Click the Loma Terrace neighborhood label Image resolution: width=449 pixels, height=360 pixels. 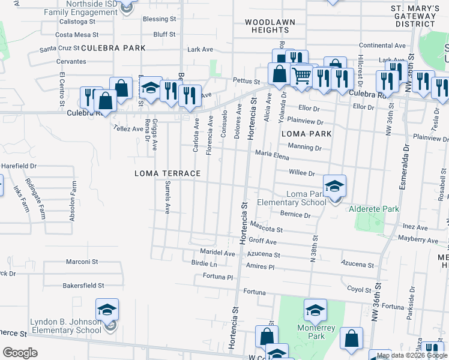click(167, 173)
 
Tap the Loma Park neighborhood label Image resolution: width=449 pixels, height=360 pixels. click(306, 133)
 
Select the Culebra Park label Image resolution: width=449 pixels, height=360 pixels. click(113, 47)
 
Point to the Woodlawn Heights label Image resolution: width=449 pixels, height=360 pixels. click(267, 26)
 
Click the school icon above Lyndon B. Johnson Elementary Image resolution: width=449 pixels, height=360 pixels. click(107, 310)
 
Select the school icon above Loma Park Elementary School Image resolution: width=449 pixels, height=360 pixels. click(335, 185)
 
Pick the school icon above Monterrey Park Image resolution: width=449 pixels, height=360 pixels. click(315, 310)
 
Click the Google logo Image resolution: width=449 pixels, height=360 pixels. click(20, 353)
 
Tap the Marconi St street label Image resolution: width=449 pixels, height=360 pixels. click(82, 262)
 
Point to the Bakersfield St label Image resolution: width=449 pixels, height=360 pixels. click(83, 286)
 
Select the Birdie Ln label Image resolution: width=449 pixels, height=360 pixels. click(204, 263)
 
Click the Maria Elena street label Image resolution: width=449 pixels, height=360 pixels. click(272, 156)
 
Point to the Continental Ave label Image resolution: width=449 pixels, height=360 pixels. click(382, 46)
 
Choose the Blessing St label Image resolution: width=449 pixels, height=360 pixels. click(159, 19)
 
